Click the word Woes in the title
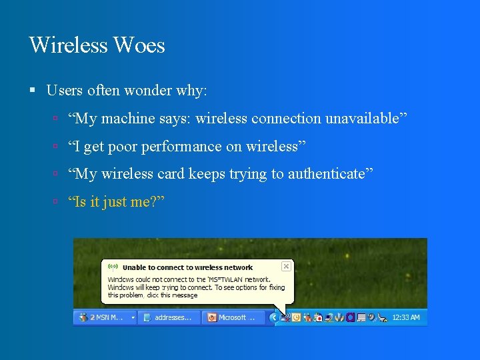coord(139,45)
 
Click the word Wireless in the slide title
coord(68,45)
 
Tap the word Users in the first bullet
coord(64,90)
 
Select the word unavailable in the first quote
coord(365,119)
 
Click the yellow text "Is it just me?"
coord(116,201)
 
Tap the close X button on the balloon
coord(286,266)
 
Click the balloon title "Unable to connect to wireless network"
coord(188,267)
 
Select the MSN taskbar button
coord(105,317)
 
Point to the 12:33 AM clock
coord(407,317)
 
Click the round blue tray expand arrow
coord(274,317)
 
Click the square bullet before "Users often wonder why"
coord(33,90)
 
